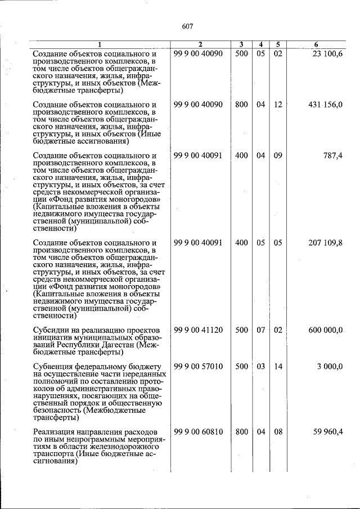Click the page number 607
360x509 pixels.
(188, 26)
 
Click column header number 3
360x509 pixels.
(241, 44)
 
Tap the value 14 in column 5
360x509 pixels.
(278, 367)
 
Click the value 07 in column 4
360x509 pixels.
(260, 330)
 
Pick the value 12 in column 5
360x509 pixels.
(278, 105)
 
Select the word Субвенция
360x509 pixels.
(53, 367)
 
